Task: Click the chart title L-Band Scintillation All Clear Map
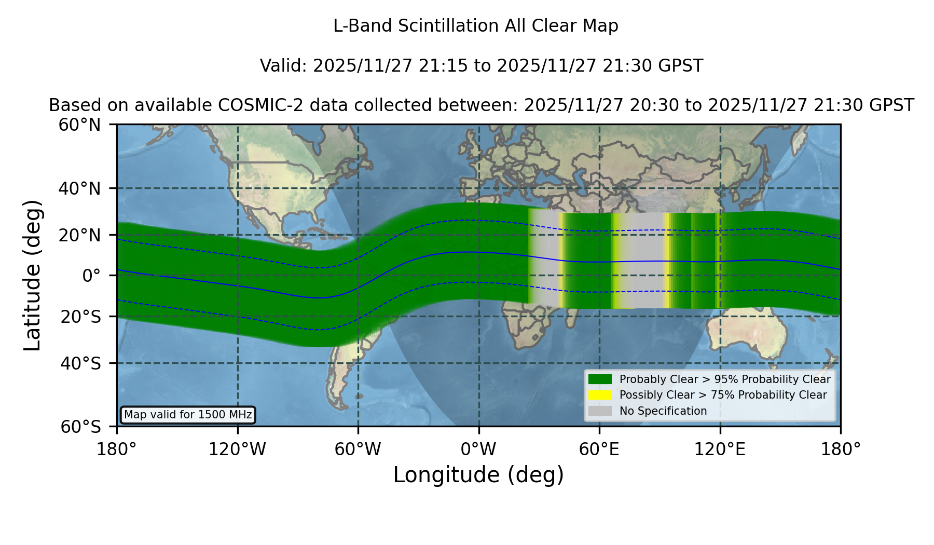[x=476, y=26]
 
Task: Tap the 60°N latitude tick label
[x=80, y=125]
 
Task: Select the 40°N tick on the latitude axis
[x=80, y=188]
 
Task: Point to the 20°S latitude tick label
[x=81, y=316]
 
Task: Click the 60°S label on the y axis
[x=81, y=427]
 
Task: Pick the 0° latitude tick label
[x=91, y=275]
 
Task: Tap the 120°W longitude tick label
[x=238, y=449]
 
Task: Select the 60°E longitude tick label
[x=599, y=449]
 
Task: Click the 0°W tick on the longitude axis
[x=479, y=449]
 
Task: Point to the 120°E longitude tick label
[x=720, y=449]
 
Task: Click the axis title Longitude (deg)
[x=478, y=475]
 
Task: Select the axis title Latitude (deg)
[x=33, y=275]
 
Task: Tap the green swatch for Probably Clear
[x=600, y=379]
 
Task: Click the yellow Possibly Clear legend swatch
[x=600, y=395]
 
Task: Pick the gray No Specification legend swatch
[x=600, y=411]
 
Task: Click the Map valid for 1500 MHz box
[x=188, y=415]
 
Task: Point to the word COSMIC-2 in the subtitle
[x=249, y=105]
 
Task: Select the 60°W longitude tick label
[x=358, y=449]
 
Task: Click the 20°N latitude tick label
[x=80, y=235]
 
